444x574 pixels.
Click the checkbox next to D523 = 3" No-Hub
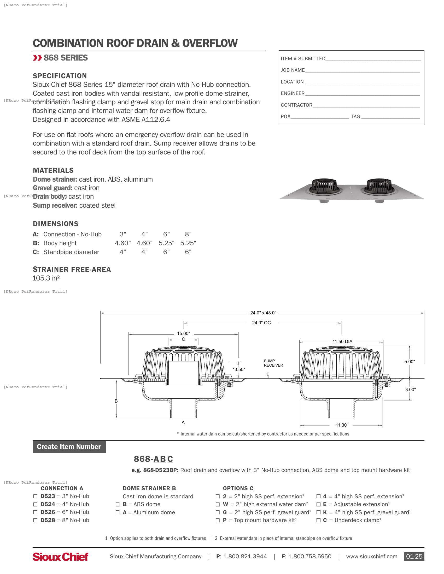(x=35, y=496)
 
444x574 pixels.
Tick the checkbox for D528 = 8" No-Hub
(x=35, y=521)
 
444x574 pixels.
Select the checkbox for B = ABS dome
(x=118, y=504)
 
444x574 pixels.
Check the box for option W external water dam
(x=218, y=504)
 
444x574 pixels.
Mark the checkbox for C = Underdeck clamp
(x=318, y=521)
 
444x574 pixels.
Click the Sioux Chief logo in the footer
(x=60, y=557)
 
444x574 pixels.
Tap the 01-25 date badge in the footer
(x=414, y=557)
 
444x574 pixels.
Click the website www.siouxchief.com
(x=371, y=557)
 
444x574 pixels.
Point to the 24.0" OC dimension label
(x=261, y=323)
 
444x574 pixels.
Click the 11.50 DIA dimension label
(x=342, y=342)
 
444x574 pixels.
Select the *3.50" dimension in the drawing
(x=239, y=369)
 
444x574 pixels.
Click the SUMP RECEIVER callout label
(x=273, y=363)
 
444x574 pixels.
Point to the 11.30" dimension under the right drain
(x=342, y=425)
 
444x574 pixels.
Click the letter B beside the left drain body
(x=116, y=401)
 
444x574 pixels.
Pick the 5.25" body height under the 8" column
(x=188, y=243)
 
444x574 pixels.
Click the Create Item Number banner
(x=69, y=447)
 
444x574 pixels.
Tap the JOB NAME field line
(x=362, y=70)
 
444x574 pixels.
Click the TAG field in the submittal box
(x=390, y=117)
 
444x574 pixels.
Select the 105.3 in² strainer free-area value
(x=46, y=278)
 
